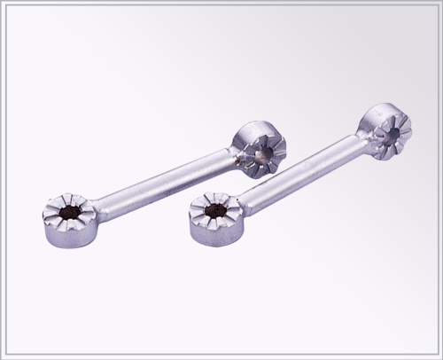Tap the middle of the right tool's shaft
301,172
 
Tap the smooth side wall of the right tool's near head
213,238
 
